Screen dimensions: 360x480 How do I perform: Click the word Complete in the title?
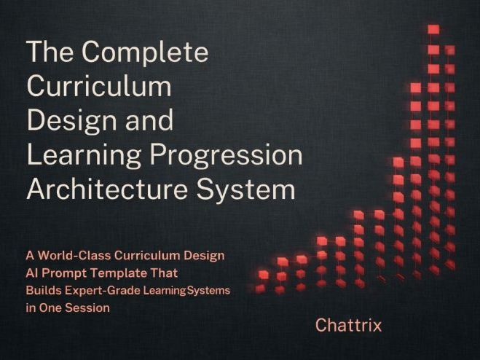point(145,53)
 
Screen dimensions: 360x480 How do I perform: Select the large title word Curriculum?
point(99,87)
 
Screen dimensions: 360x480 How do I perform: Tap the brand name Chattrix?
point(348,325)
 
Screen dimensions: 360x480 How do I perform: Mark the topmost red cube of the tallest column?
point(433,30)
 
